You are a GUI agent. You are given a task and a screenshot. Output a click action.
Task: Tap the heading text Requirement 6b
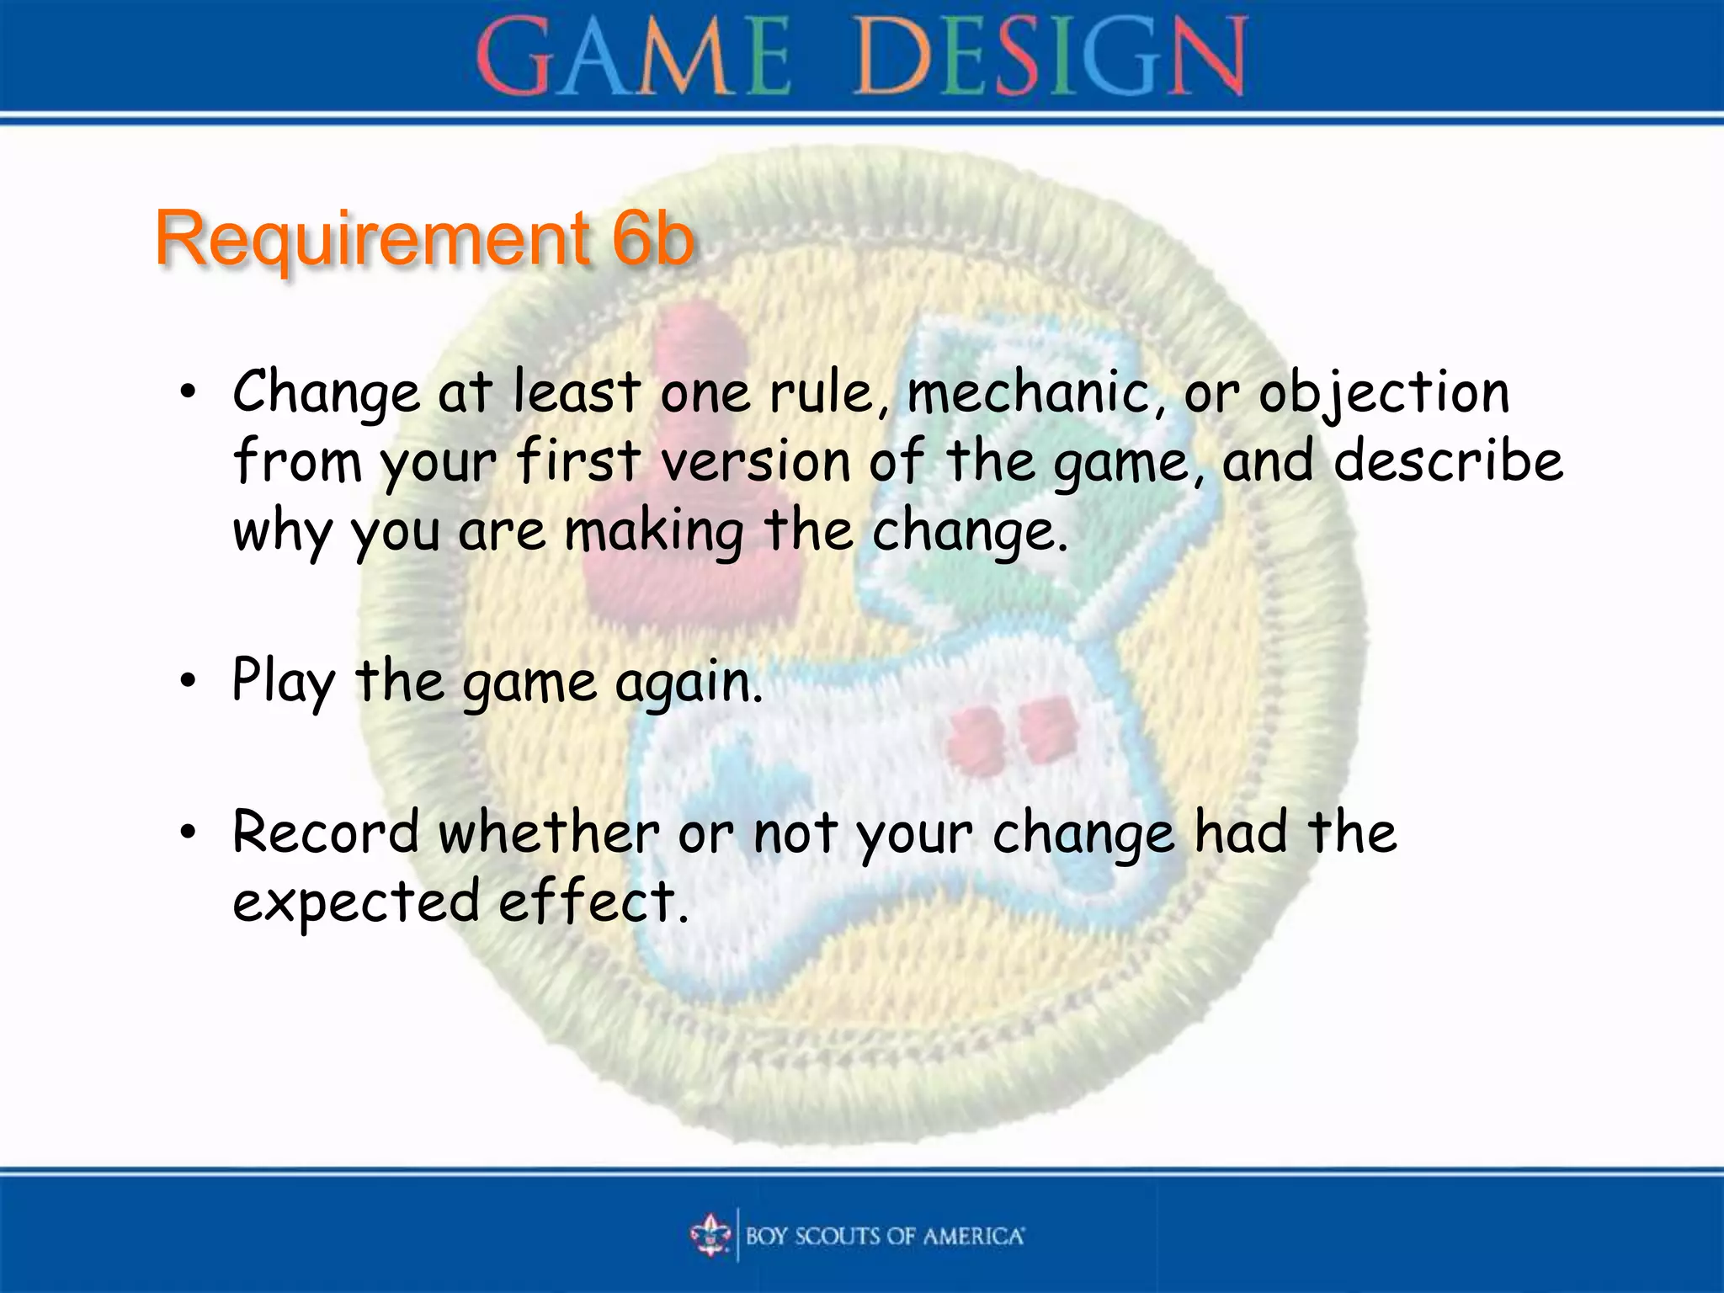pyautogui.click(x=425, y=239)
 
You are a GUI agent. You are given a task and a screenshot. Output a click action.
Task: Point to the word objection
pyautogui.click(x=1384, y=394)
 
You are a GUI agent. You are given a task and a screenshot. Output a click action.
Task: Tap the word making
pyautogui.click(x=655, y=532)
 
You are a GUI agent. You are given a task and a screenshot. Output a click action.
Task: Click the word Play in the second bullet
pyautogui.click(x=284, y=682)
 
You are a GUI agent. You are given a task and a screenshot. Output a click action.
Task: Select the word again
pyautogui.click(x=689, y=682)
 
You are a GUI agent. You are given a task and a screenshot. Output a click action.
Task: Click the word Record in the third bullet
pyautogui.click(x=325, y=833)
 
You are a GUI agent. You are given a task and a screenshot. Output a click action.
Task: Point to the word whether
pyautogui.click(x=549, y=833)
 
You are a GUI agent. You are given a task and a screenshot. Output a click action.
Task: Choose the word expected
pyautogui.click(x=355, y=902)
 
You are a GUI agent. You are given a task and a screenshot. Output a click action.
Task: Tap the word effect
pyautogui.click(x=593, y=902)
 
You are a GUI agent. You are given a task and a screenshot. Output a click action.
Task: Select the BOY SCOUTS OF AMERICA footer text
pyautogui.click(x=885, y=1236)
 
